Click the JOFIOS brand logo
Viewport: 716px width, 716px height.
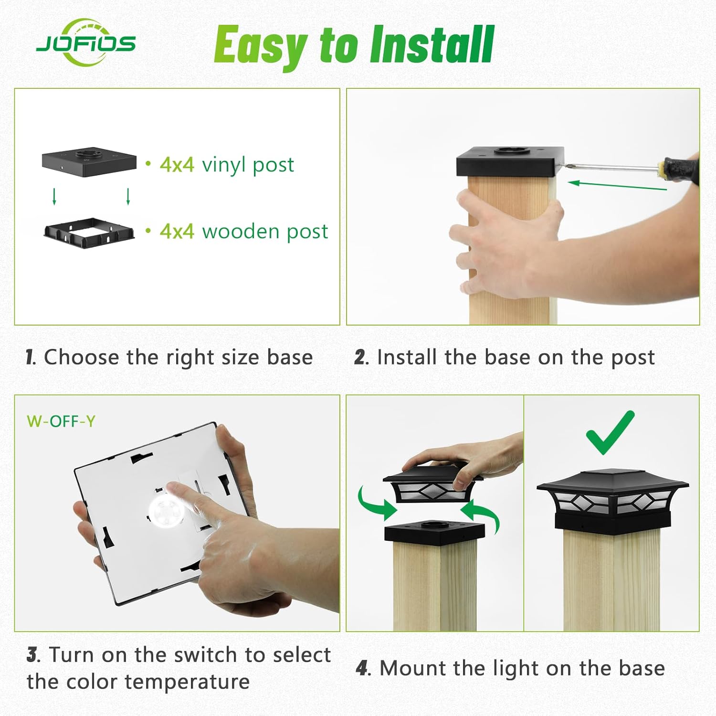(x=86, y=43)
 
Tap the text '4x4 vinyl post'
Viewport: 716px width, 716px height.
(x=227, y=165)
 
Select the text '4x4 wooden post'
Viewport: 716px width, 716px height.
(x=243, y=232)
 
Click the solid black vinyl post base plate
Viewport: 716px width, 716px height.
(x=89, y=162)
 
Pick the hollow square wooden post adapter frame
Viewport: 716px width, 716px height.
(x=89, y=233)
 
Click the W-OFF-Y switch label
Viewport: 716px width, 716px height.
(x=61, y=421)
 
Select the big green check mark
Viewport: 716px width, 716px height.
(x=611, y=432)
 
